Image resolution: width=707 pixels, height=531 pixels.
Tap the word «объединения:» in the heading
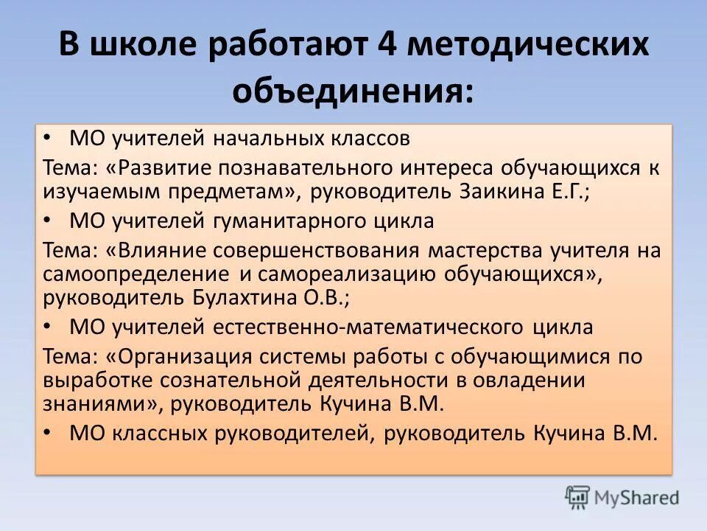pyautogui.click(x=353, y=92)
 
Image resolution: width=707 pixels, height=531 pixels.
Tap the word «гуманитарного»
pyautogui.click(x=289, y=221)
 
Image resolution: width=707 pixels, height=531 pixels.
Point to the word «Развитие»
pyautogui.click(x=163, y=167)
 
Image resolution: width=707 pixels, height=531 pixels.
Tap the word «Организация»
pyautogui.click(x=183, y=357)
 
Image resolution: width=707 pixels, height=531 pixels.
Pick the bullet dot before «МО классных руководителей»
pyautogui.click(x=49, y=432)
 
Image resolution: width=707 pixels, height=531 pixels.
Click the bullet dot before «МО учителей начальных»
pyautogui.click(x=49, y=137)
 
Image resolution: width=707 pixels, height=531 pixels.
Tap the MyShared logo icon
pyautogui.click(x=578, y=497)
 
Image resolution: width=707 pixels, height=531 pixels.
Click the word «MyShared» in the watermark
pyautogui.click(x=636, y=498)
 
